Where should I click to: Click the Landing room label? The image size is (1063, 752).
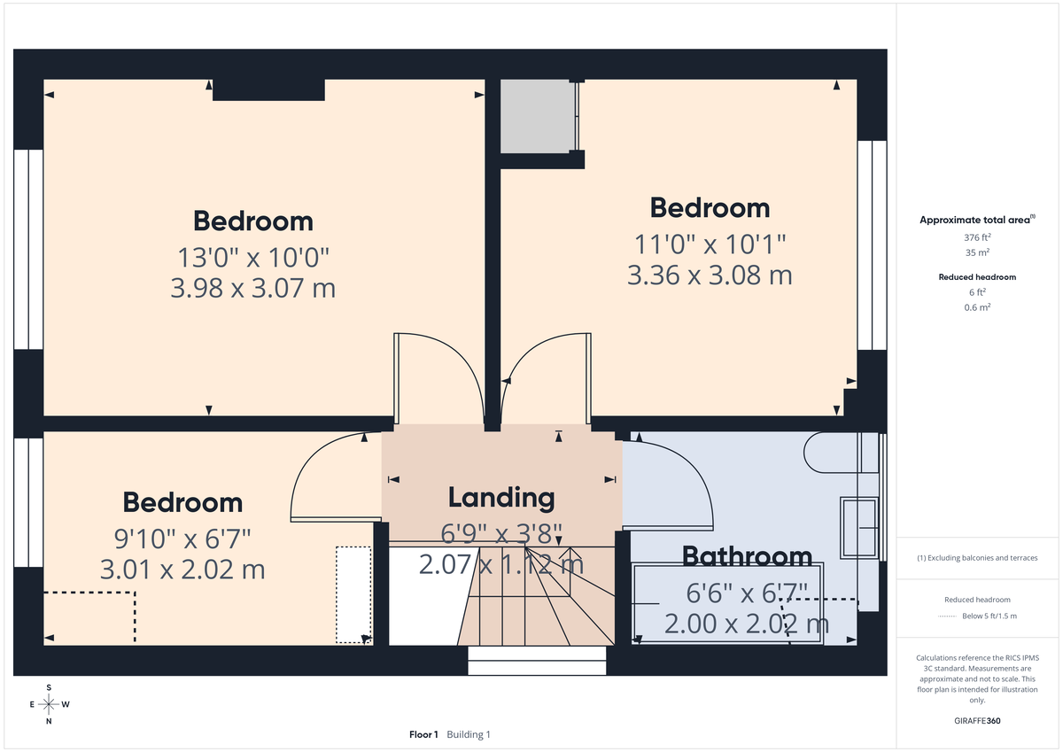click(501, 498)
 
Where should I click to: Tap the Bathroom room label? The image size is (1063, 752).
click(747, 556)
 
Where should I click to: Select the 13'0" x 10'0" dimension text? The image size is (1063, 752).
click(253, 258)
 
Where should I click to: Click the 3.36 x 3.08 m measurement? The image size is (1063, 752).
click(709, 275)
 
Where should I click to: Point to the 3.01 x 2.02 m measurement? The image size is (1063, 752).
click(182, 569)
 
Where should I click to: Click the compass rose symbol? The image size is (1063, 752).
click(49, 704)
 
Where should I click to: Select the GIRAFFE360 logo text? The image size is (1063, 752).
click(977, 721)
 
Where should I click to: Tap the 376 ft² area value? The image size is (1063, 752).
click(977, 237)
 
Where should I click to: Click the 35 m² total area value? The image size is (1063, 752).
click(977, 252)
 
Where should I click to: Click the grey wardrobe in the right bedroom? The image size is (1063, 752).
click(535, 116)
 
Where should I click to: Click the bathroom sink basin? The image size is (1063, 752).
click(858, 530)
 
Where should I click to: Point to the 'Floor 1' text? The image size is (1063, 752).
click(423, 734)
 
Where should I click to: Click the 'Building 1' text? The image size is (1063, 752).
click(468, 734)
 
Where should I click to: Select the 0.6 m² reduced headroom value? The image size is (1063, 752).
click(978, 306)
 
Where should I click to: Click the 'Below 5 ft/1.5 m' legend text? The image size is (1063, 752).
click(989, 616)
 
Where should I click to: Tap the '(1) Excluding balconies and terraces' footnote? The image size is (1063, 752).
click(977, 558)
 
